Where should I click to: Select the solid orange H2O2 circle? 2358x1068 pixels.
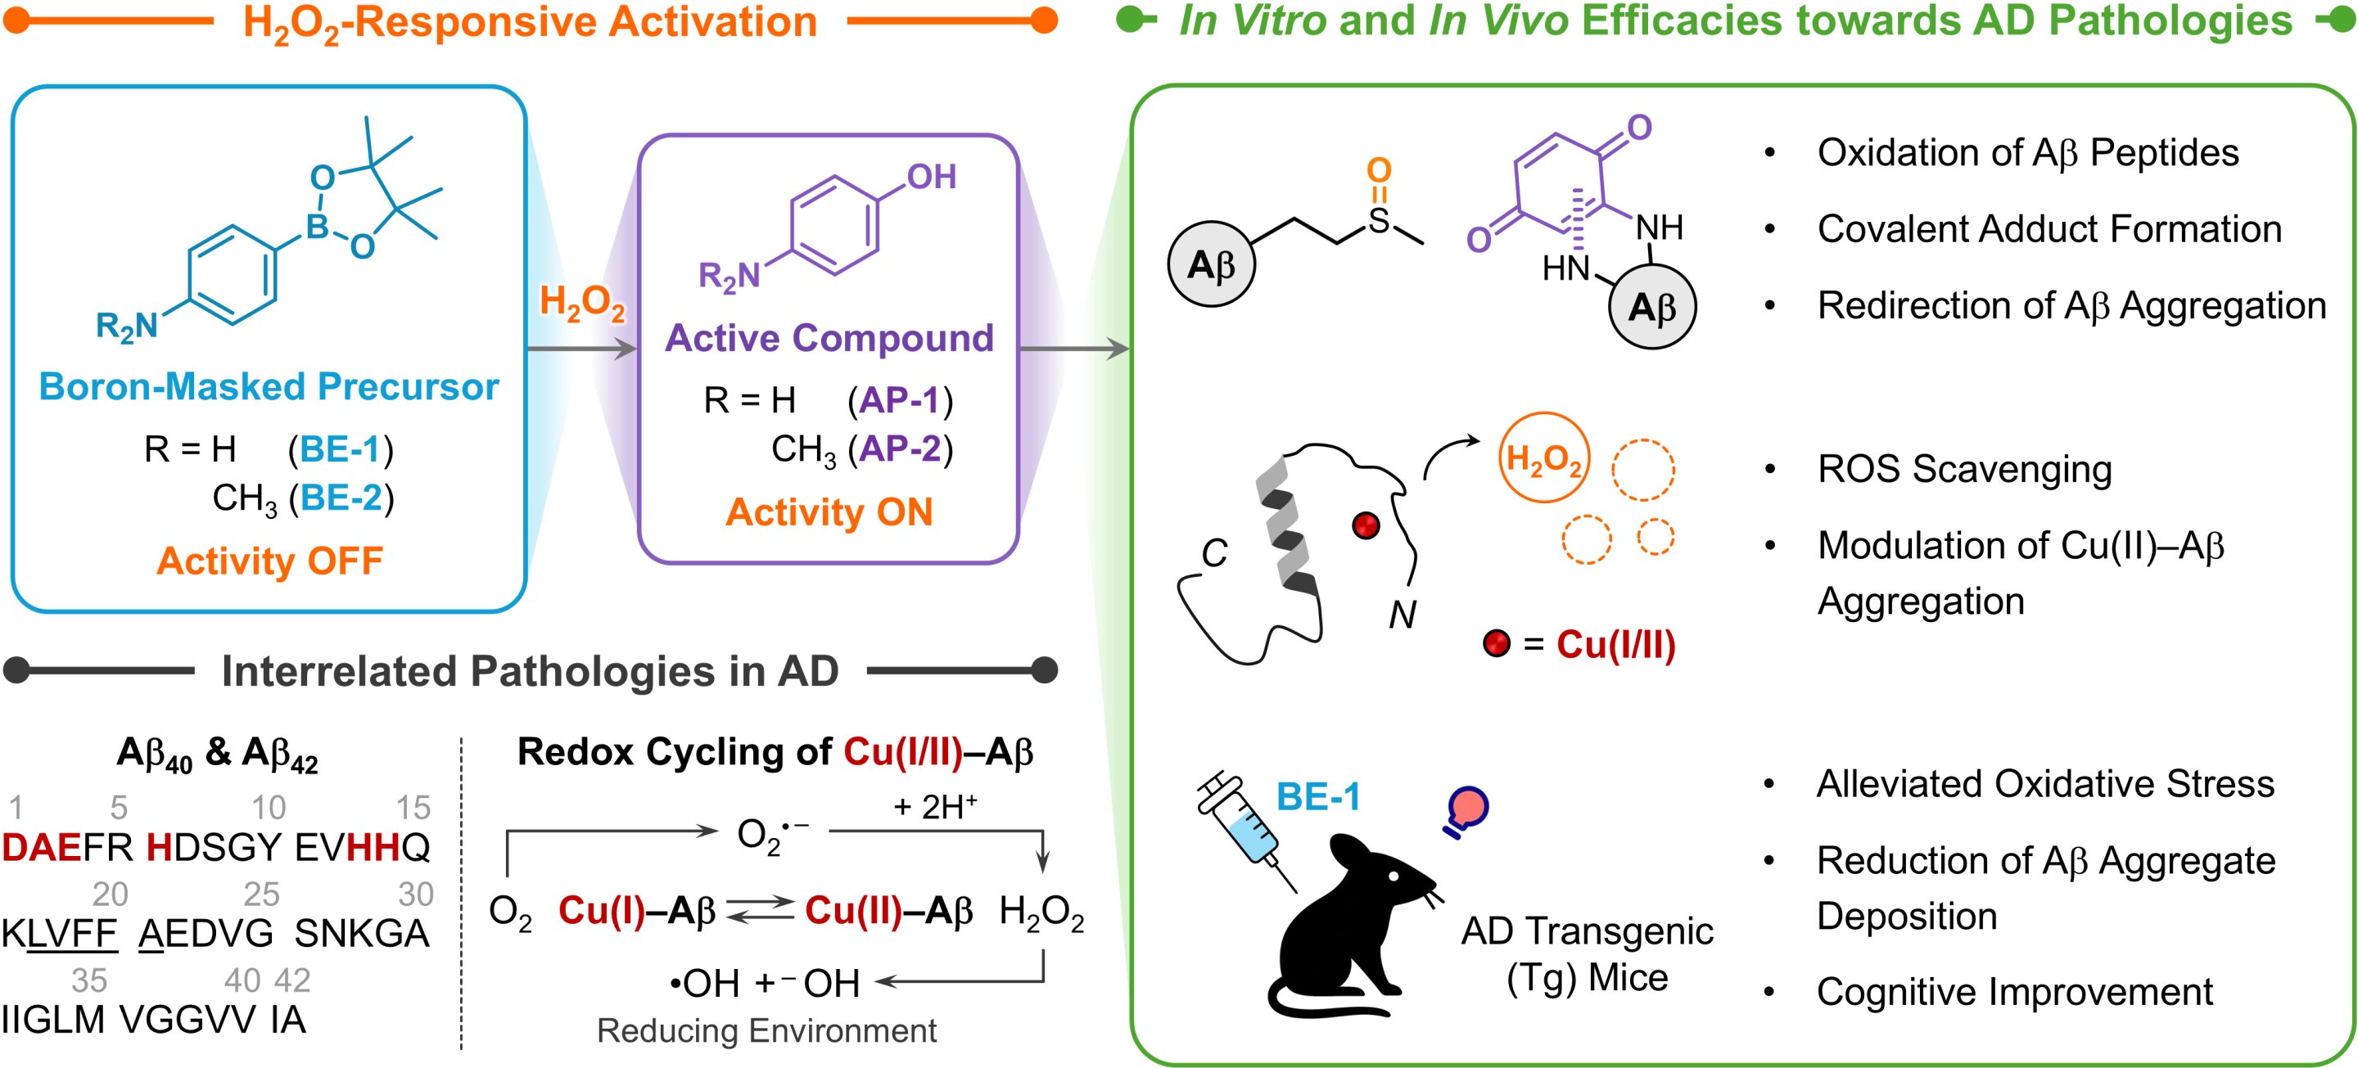click(x=1544, y=457)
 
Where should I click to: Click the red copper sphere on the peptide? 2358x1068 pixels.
click(x=1366, y=525)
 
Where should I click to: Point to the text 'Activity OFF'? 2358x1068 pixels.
click(x=269, y=561)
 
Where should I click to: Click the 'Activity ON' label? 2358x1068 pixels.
click(x=829, y=511)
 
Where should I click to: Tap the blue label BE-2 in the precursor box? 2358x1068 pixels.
click(x=341, y=498)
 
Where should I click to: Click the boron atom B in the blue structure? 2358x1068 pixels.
click(x=317, y=226)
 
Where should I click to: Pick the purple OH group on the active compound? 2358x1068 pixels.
click(x=931, y=177)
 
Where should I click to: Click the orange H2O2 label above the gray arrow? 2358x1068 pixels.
click(x=582, y=302)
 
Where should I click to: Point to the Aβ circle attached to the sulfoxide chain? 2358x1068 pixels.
click(x=1211, y=264)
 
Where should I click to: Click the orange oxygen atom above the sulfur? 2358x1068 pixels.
click(x=1379, y=169)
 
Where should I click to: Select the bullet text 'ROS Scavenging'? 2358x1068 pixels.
click(x=1964, y=469)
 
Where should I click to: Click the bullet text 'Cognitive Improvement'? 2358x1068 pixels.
click(x=2015, y=991)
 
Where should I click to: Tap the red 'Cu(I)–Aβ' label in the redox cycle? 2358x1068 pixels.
click(x=636, y=911)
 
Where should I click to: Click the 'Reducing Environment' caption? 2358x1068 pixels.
click(x=766, y=1030)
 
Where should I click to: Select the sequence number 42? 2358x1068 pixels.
click(x=292, y=980)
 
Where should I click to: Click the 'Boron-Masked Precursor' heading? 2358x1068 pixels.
click(x=269, y=386)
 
